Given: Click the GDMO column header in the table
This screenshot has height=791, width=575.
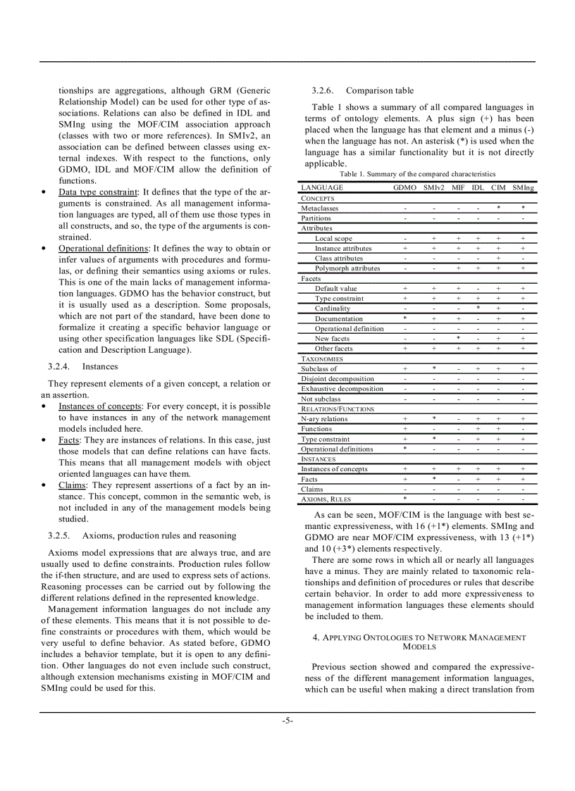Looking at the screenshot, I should [x=404, y=188].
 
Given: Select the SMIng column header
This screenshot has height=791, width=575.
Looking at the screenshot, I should [x=523, y=188].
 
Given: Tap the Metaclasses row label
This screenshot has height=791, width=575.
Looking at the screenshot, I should [x=319, y=208].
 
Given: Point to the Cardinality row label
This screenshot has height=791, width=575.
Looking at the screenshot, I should [x=332, y=309].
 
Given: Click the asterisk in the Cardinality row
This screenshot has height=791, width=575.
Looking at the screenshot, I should [x=478, y=309].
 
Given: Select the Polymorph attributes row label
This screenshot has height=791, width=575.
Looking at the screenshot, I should [x=347, y=268].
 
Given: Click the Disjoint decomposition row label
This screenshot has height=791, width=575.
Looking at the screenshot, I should [x=338, y=379].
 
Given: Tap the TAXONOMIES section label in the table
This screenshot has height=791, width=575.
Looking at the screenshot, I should [x=322, y=359].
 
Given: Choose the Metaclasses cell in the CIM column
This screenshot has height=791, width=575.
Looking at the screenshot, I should [x=498, y=208].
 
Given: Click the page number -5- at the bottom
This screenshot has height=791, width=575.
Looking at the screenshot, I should [x=287, y=721].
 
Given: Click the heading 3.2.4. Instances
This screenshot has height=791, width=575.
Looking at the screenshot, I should [x=82, y=367].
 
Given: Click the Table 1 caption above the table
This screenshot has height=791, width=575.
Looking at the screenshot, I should [x=417, y=174].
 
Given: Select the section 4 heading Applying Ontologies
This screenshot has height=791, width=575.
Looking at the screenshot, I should [x=419, y=642].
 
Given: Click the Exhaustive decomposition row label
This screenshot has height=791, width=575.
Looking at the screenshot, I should [x=342, y=389].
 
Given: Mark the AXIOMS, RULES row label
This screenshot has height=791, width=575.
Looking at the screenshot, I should [x=326, y=499].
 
